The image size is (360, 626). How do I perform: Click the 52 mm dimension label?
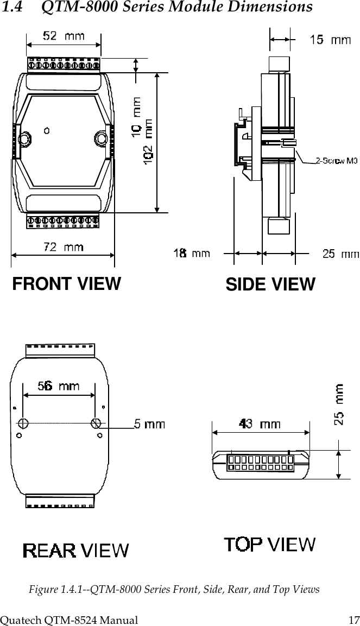coord(64,36)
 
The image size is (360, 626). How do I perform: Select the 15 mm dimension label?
coord(330,39)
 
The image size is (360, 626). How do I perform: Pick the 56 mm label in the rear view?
coord(58,386)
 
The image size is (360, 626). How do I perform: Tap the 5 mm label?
coord(149,425)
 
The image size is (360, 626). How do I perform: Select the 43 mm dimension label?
coord(260,423)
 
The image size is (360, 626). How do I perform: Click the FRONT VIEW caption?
coord(66,283)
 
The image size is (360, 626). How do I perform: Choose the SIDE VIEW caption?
coord(270,284)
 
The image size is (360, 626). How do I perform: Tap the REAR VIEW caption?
coord(75,551)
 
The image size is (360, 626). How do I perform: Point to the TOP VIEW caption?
coord(270,543)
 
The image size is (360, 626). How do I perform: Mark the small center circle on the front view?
coord(47,130)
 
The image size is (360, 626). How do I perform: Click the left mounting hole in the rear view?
coord(23,423)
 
